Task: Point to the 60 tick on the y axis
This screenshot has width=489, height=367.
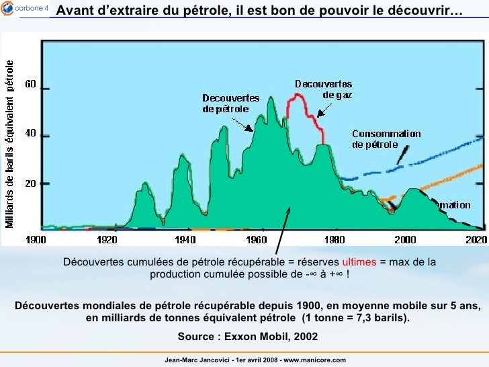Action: click(31, 85)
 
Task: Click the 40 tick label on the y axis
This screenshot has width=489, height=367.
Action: click(31, 134)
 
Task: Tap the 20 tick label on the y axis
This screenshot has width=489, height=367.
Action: click(31, 184)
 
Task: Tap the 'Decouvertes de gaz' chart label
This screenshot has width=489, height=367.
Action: click(324, 89)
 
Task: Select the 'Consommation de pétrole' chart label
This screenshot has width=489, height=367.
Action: click(386, 138)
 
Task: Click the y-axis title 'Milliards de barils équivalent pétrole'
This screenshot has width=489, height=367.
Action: click(11, 142)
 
